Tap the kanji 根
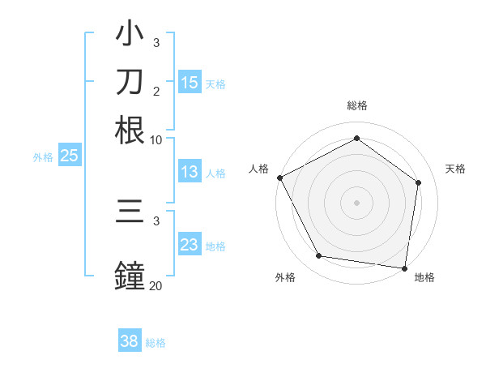point(130,129)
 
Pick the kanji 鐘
point(130,274)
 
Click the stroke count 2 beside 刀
point(156,91)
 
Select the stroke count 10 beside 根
point(156,139)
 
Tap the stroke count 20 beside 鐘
point(156,285)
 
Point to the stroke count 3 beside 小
point(156,42)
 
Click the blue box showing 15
point(190,82)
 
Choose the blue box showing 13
point(190,172)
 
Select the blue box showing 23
point(190,245)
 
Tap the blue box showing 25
point(70,156)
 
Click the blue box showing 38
point(129,341)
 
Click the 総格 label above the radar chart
point(356,105)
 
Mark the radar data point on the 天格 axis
point(418,182)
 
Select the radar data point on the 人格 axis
point(279,178)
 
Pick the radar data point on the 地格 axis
point(404,268)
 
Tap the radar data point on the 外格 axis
point(319,256)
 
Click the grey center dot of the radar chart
point(356,202)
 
